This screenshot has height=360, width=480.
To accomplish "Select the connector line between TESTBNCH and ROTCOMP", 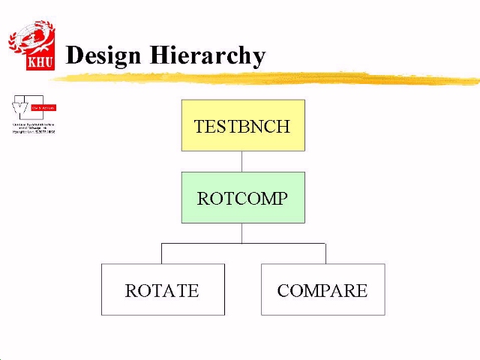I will (241, 161).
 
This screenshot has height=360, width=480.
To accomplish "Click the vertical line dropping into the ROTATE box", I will (162, 253).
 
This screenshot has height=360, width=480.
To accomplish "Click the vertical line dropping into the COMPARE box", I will (325, 253).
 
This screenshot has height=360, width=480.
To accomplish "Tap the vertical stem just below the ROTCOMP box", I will (241, 232).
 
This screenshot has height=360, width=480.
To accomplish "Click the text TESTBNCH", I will (241, 126).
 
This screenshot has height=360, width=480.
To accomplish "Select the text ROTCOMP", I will (241, 199).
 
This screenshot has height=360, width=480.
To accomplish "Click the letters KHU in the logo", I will (40, 62).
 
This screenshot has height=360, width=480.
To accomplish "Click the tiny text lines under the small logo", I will (34, 127).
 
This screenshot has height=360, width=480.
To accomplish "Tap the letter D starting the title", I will (74, 55).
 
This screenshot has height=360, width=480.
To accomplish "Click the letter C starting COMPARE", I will (283, 291).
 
